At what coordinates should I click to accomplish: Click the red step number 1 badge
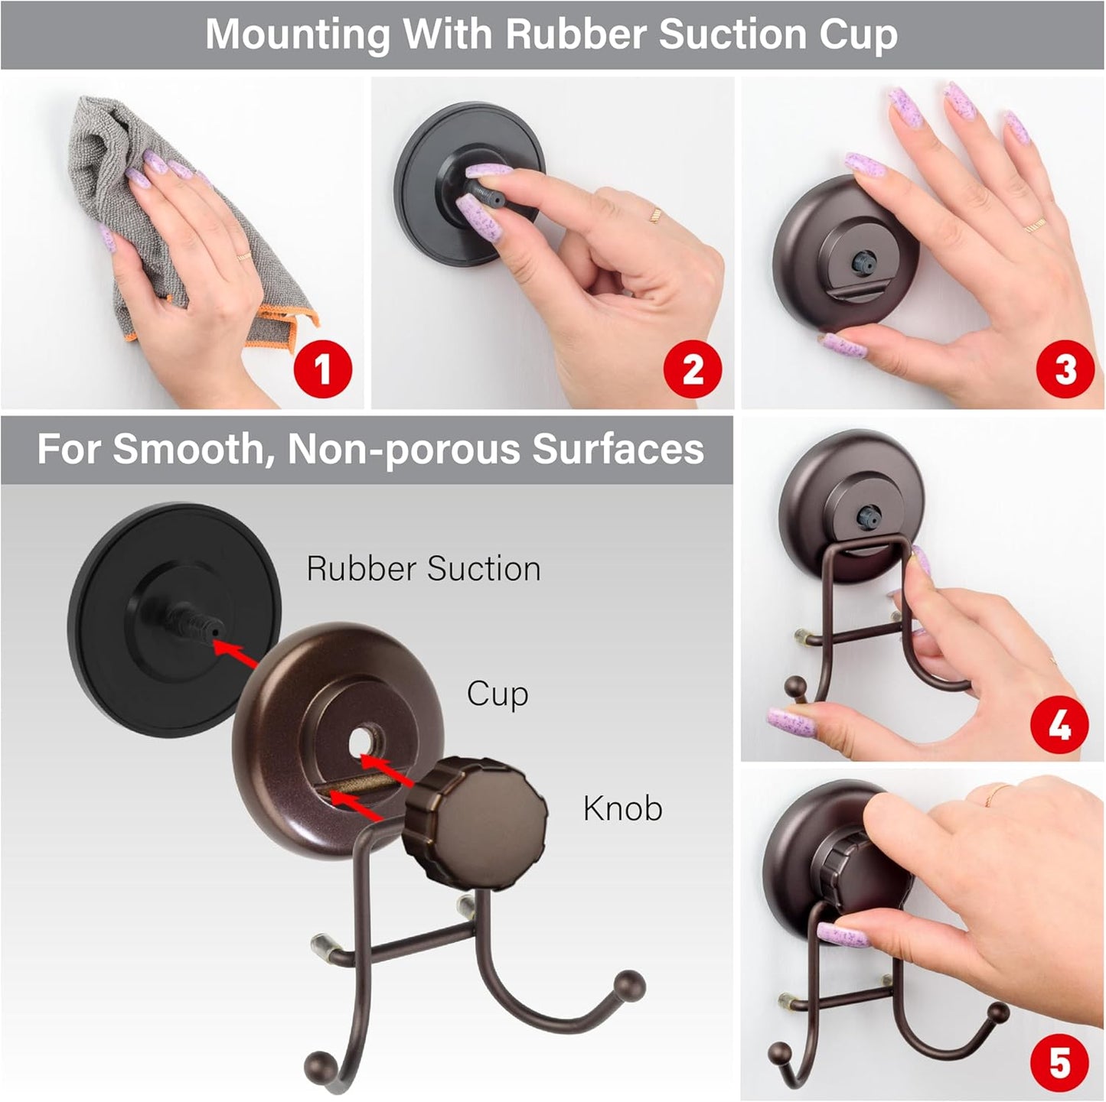(323, 370)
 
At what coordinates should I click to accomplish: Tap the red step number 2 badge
(693, 370)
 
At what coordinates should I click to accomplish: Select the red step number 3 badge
(1065, 370)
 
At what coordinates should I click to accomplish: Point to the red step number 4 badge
(1059, 725)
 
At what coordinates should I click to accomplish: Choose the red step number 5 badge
(1059, 1062)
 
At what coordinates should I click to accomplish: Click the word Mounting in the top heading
(299, 34)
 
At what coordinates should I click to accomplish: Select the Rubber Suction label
(423, 569)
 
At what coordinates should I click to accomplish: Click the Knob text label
(622, 808)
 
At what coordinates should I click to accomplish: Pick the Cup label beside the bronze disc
(498, 694)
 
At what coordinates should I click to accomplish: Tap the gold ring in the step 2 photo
(655, 215)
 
